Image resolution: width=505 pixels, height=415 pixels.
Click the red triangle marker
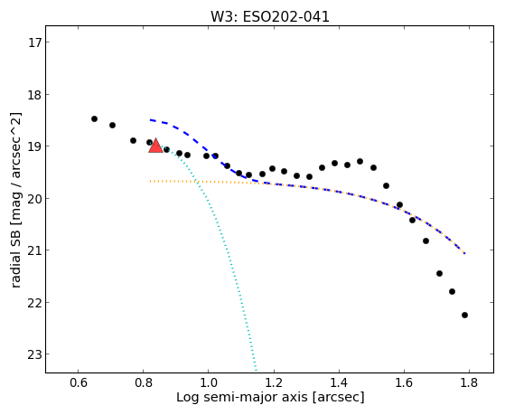point(156,146)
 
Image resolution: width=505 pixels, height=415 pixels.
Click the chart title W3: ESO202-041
point(270,17)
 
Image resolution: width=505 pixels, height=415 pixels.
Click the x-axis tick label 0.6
point(79,382)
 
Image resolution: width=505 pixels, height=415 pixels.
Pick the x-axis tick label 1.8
point(469,382)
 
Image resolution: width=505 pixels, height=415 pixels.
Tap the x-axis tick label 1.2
point(274,382)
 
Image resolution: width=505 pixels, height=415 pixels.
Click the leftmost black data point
point(94,119)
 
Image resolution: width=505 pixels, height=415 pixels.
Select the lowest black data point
point(464,315)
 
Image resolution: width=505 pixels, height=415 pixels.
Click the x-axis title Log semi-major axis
point(242,397)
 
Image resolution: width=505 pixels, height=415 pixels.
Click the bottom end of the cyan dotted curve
point(257,371)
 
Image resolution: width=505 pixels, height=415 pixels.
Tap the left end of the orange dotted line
point(150,181)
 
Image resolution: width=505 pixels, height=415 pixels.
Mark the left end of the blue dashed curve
point(150,120)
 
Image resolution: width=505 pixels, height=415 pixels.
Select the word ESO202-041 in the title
point(286,17)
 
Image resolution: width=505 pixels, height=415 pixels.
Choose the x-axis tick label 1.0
point(209,382)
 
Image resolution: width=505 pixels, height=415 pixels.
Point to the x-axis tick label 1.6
point(404,382)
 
